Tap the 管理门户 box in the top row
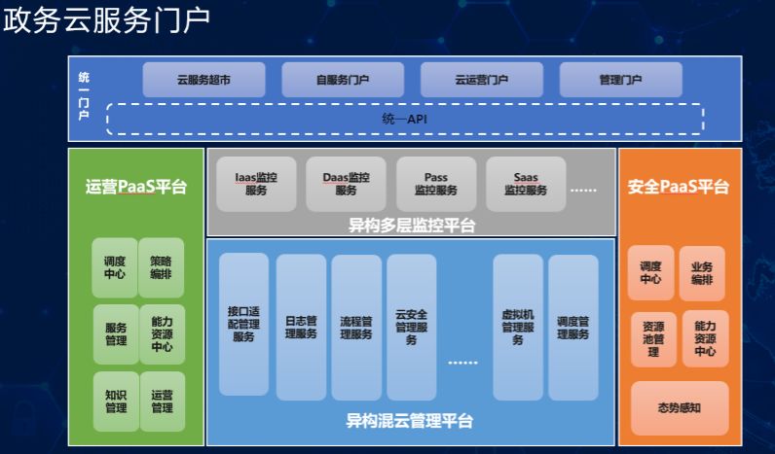point(620,80)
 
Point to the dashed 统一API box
point(405,119)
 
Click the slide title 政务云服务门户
point(106,21)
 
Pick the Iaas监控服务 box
point(256,184)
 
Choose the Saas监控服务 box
point(526,184)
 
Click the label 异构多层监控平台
point(412,226)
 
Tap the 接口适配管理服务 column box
point(243,325)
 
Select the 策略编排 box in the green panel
point(162,267)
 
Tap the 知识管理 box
point(116,401)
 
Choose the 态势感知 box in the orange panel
point(680,407)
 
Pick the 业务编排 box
point(702,273)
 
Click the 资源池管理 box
point(653,338)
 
